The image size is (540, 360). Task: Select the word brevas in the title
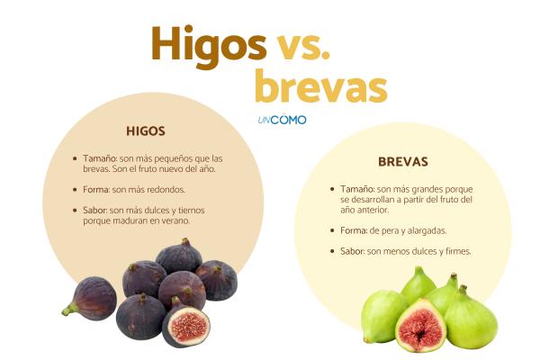[320, 87]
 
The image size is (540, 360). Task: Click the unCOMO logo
[282, 120]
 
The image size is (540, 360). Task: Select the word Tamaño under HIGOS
[100, 157]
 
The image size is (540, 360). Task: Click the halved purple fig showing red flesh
[186, 326]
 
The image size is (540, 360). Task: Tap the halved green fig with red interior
[420, 325]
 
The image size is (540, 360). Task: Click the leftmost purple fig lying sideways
[91, 298]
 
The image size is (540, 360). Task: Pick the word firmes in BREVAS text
[452, 251]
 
